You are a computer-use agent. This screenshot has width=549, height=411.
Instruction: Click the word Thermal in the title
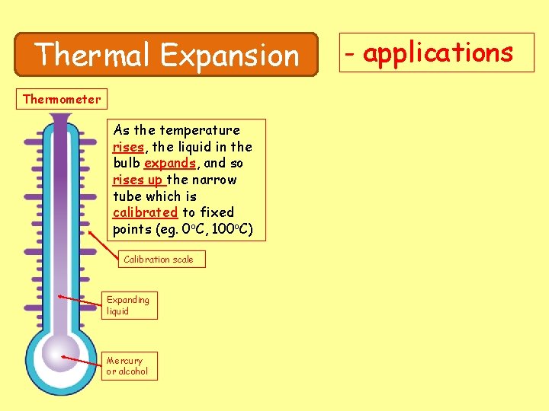coord(94,55)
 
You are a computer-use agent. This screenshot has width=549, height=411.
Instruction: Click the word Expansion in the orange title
coord(230,55)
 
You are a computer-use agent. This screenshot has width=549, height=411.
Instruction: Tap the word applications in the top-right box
coord(438,53)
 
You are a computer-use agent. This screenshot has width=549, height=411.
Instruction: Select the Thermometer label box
coord(62,99)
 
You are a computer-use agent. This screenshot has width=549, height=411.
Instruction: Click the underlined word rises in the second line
coord(128,147)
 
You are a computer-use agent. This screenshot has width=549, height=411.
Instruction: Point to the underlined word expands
coord(170,163)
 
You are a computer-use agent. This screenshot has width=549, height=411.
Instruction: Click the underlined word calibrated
coord(145,212)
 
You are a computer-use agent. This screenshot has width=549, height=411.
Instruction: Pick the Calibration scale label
coord(159,260)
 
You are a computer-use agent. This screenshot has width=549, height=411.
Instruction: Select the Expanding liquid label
coord(129,305)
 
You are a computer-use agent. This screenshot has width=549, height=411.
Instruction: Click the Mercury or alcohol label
coord(128,366)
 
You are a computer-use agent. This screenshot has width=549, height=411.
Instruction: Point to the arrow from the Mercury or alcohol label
coord(82,360)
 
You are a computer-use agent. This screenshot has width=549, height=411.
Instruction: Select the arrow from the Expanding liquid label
coord(80,300)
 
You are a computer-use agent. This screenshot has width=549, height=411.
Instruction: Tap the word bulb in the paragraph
coord(127,163)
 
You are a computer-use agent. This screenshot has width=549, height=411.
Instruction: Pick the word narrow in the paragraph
coord(216,180)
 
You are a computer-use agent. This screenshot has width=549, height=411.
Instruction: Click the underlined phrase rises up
coord(138,180)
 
